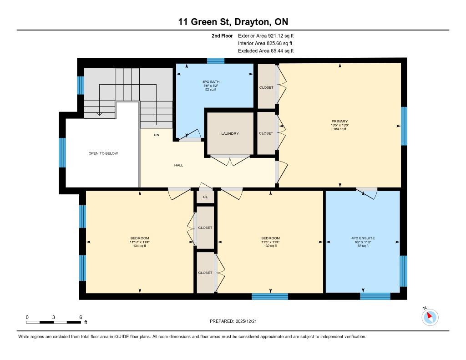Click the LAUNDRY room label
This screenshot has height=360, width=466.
pos(230,133)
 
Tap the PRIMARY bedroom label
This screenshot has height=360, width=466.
pos(339,121)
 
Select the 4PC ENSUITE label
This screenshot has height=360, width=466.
pos(363,238)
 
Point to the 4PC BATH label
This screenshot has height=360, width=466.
pos(211,82)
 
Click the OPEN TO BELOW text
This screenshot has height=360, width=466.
pos(103,153)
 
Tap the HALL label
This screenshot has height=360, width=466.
pos(178,165)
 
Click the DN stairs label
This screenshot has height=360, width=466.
pos(157,135)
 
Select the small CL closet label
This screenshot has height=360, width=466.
pos(205,197)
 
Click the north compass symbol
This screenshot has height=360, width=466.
pos(430,317)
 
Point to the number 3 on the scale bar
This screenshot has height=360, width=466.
pos(54,317)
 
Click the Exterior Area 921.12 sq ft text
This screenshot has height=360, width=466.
pos(266,35)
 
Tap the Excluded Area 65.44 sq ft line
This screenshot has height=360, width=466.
pos(266,51)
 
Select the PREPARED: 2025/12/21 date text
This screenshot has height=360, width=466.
pos(233,321)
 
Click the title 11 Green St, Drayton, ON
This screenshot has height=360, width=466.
pos(233,22)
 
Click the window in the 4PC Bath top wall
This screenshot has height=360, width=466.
pos(216,61)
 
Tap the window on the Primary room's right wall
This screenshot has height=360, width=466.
pos(404,126)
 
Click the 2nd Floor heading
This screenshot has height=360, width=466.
pos(222,35)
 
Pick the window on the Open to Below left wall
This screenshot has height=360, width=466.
pos(62,152)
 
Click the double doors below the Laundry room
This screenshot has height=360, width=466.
pos(230,160)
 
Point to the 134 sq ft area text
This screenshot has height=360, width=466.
pos(140,246)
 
